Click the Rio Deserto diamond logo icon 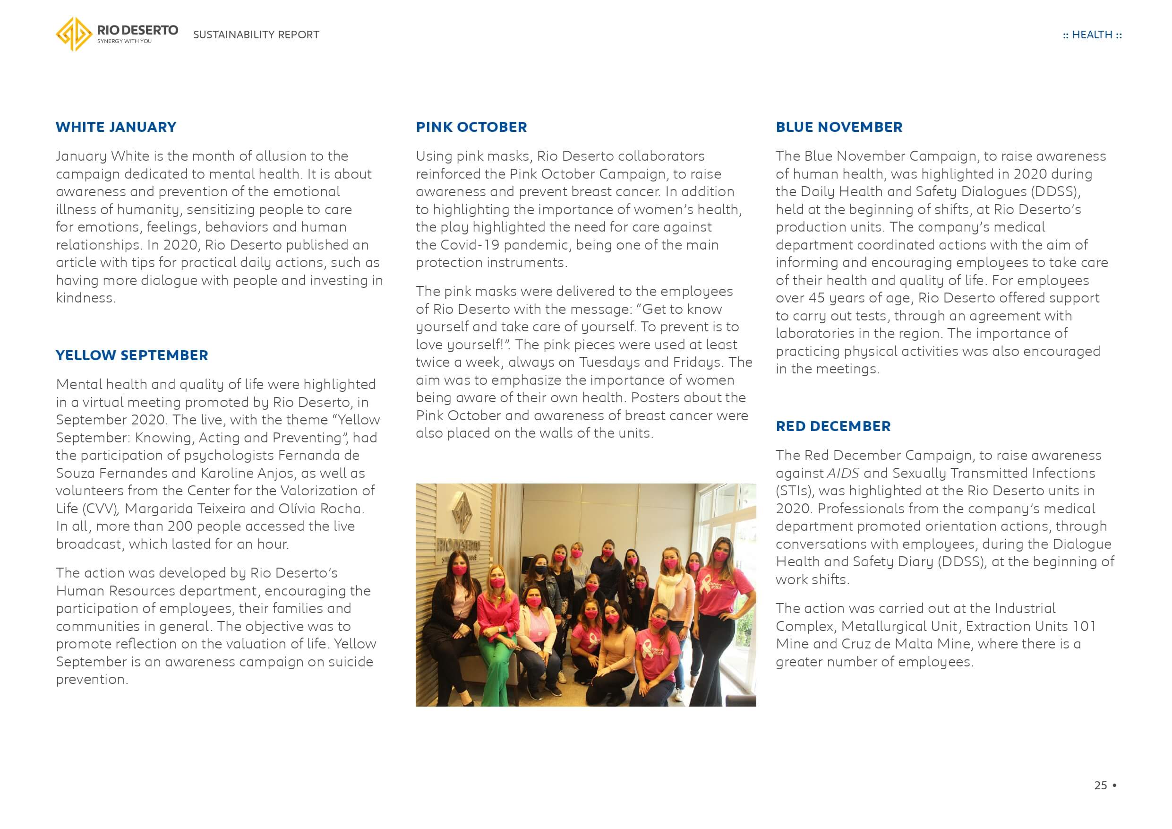click(74, 34)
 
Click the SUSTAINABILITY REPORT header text click(256, 35)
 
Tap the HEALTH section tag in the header click(1092, 35)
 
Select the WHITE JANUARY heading click(116, 127)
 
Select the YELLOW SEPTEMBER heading click(132, 355)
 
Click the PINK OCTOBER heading click(471, 127)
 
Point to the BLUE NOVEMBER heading click(838, 127)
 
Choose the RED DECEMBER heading click(833, 426)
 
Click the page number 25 click(1101, 786)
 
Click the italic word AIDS click(843, 474)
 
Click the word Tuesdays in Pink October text click(607, 363)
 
